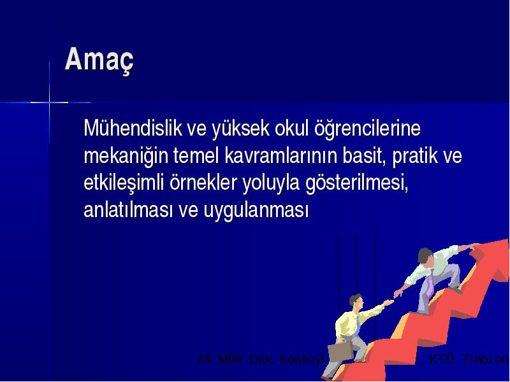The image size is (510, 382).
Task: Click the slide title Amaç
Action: click(99, 60)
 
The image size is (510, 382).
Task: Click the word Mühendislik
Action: click(133, 128)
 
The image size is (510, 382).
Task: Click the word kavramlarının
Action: click(281, 156)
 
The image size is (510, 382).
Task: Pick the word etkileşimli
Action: click(124, 183)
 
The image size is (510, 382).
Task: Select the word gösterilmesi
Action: click(357, 183)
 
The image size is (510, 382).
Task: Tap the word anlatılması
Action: click(128, 210)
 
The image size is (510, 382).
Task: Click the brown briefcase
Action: click(340, 351)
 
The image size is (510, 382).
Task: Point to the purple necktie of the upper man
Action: click(430, 283)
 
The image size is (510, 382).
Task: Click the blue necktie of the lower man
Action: click(358, 325)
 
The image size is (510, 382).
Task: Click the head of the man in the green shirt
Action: click(425, 257)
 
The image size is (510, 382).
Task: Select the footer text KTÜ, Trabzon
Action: click(469, 359)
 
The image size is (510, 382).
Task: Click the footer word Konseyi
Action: click(302, 360)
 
